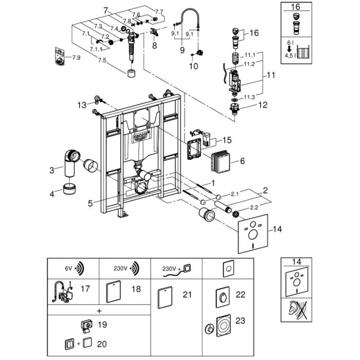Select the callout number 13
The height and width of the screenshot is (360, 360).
tap(82, 105)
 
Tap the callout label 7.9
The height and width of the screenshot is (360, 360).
tap(76, 58)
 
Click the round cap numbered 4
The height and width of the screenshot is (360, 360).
tap(69, 189)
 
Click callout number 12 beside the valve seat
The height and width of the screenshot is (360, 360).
tap(263, 105)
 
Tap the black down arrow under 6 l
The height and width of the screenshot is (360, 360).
tap(289, 48)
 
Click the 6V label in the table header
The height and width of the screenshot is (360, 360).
tap(68, 268)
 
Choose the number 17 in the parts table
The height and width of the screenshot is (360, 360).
tap(85, 289)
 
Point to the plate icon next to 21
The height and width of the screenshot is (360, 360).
tap(165, 297)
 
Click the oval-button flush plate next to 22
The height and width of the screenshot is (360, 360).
tap(223, 297)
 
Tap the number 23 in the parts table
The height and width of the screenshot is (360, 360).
tap(240, 320)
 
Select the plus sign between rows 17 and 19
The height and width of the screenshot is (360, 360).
tap(99, 311)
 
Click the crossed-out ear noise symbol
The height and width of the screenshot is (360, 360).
tap(296, 310)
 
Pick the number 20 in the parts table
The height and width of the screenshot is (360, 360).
tap(102, 344)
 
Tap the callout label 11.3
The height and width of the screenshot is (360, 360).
tap(249, 97)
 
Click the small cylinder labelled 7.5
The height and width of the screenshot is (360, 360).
tap(131, 74)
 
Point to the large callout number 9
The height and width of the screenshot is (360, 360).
tap(182, 50)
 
